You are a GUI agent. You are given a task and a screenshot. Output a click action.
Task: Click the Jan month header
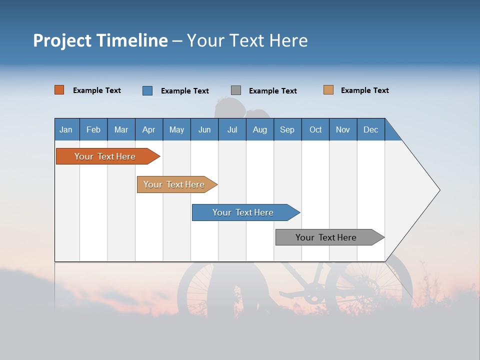tap(66, 129)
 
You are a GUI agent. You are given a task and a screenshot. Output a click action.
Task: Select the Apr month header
tap(148, 129)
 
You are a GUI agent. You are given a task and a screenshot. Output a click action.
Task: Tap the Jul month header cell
tap(232, 129)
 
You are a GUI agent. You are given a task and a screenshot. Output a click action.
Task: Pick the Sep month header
tap(287, 129)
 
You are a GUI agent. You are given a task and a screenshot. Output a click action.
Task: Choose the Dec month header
tap(370, 129)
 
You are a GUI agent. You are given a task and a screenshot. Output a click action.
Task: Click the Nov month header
tap(342, 129)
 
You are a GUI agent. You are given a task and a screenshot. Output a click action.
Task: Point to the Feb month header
tap(93, 129)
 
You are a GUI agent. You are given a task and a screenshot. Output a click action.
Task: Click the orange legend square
tap(59, 90)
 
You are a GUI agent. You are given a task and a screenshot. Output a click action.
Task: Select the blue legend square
tap(147, 90)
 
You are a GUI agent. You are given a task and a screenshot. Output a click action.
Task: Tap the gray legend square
tap(236, 90)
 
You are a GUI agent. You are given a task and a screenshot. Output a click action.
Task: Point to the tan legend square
tap(328, 90)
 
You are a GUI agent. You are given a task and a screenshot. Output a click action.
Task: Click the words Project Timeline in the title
tap(100, 40)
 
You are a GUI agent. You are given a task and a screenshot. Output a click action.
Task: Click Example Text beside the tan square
tap(364, 90)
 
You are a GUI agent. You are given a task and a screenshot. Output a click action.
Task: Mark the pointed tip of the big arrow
tap(439, 190)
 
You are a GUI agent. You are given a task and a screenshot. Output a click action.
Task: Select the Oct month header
tap(315, 129)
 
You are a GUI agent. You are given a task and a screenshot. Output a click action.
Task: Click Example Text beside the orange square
tap(97, 90)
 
